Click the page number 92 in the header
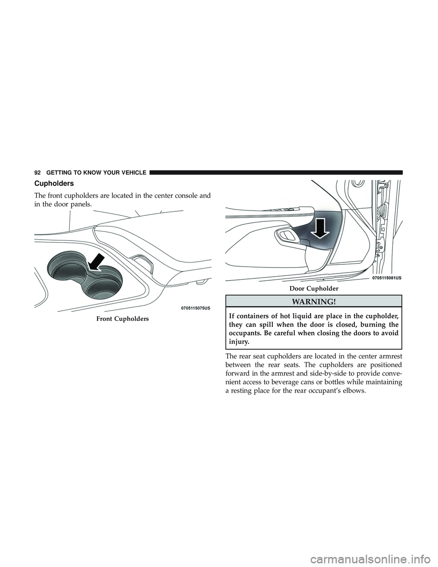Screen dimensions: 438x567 (x=37, y=173)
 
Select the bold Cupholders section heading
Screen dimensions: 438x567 (x=54, y=184)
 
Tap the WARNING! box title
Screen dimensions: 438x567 (x=313, y=302)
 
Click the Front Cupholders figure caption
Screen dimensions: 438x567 (x=123, y=319)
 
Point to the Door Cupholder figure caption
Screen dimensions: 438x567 (x=314, y=289)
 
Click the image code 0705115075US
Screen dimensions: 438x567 (x=196, y=308)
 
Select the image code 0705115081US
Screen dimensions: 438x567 (x=386, y=278)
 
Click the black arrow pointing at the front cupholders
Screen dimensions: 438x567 (x=96, y=263)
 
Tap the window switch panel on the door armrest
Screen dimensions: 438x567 (x=282, y=216)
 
